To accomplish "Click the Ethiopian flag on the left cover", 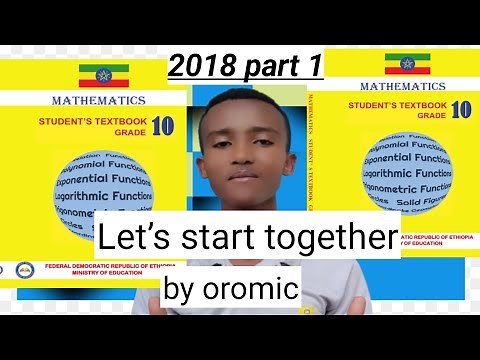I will point(104,74).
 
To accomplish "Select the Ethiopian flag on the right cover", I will point(407,64).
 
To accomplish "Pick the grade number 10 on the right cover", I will point(461,110).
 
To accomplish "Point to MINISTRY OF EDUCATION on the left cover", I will point(95,277).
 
